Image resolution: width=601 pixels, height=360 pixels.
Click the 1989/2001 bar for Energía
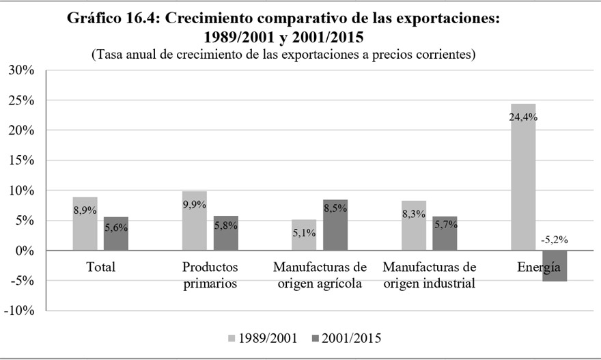tap(523, 184)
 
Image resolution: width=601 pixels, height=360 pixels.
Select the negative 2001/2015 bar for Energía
tap(555, 266)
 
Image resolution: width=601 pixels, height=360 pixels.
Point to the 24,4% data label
tap(523, 117)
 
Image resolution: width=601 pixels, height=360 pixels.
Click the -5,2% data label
tap(555, 240)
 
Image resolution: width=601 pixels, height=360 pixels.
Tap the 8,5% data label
tap(335, 208)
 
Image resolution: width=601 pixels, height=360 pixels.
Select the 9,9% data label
tap(195, 204)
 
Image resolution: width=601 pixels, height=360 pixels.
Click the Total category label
tap(100, 267)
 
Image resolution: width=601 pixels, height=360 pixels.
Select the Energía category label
tap(538, 267)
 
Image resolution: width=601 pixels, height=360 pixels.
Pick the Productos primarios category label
tap(210, 275)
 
